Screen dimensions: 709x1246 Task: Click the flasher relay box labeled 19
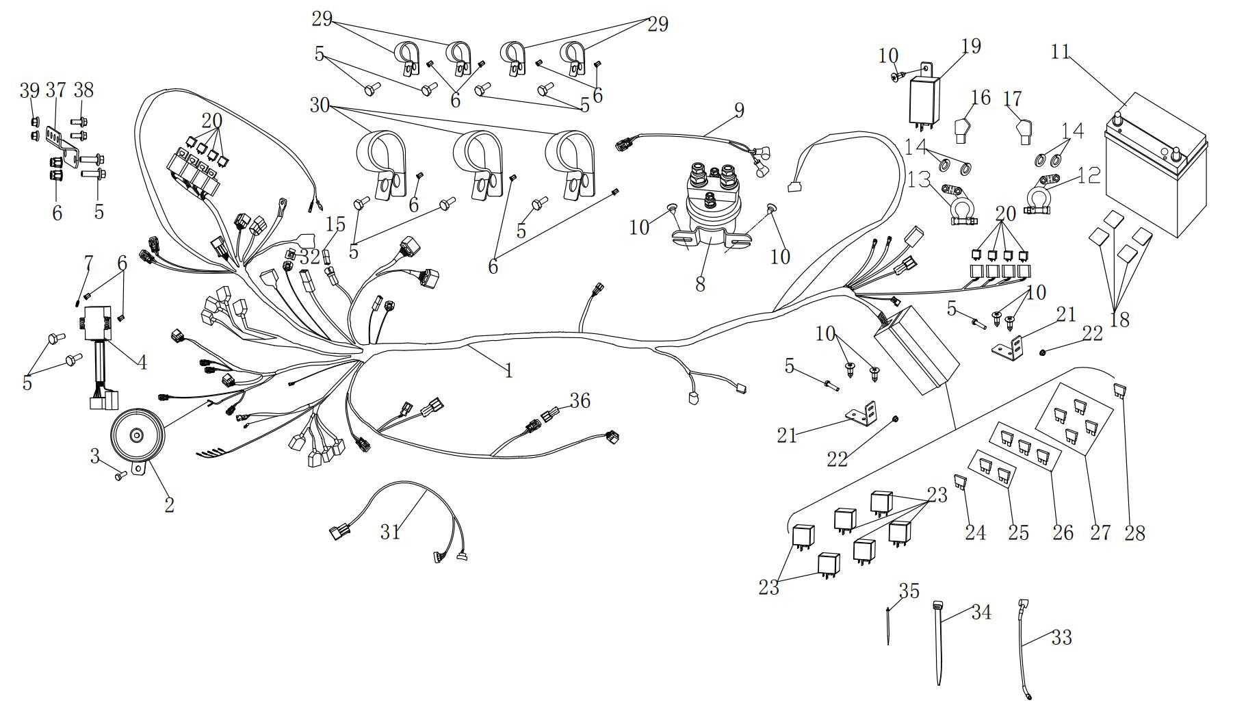[x=923, y=101]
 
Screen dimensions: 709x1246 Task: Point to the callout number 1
[x=508, y=371]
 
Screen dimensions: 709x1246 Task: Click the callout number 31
[x=391, y=532]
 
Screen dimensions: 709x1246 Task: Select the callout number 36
[x=580, y=400]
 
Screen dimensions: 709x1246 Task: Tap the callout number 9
[x=738, y=109]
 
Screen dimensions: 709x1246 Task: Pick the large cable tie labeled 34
[x=938, y=643]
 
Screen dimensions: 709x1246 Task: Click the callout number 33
[x=1061, y=638]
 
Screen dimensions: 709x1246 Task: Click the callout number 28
[x=1134, y=533]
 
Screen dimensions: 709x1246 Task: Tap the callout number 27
[x=1100, y=533]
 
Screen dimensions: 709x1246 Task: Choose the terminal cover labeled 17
[x=1023, y=131]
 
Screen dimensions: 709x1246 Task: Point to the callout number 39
[x=29, y=90]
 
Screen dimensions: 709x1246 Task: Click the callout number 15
[x=335, y=224]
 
